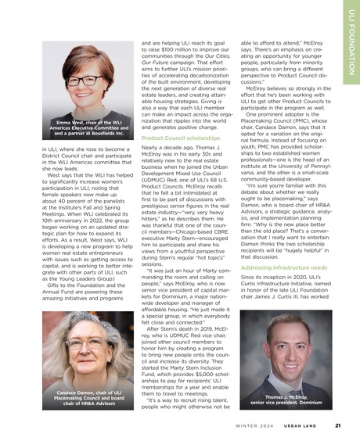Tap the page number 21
[x=337, y=426]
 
